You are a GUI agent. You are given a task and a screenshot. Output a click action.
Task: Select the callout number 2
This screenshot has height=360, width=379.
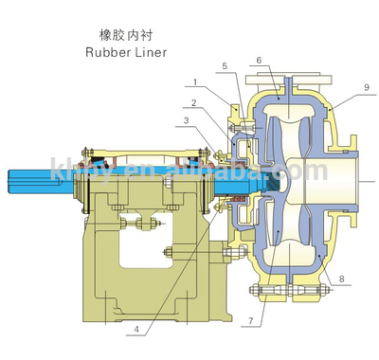click(x=192, y=102)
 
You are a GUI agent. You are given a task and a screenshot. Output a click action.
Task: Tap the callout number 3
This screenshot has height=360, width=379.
click(x=187, y=122)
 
